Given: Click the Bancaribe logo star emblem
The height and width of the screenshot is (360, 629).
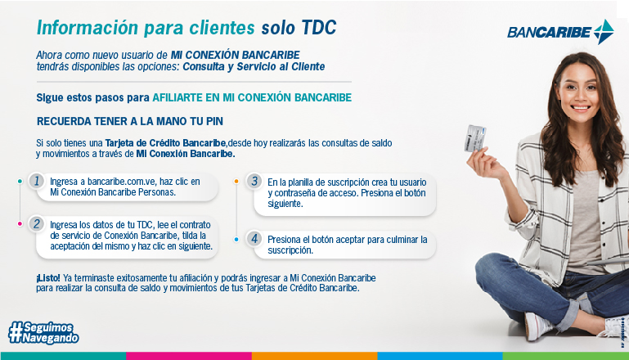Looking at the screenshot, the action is [604, 32].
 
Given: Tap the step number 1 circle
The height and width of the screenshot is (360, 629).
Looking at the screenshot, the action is [37, 181].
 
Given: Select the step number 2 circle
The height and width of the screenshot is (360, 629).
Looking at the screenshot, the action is [37, 224].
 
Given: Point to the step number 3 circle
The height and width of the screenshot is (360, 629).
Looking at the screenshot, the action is [254, 181].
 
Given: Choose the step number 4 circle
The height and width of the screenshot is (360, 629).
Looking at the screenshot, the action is [254, 239].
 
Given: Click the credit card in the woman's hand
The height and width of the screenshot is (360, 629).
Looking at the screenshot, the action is [476, 138].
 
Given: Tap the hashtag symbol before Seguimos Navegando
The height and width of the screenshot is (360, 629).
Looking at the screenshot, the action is [16, 332].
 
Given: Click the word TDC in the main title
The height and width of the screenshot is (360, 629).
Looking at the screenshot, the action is [319, 28].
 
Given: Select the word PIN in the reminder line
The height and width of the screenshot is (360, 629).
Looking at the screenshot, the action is [214, 121].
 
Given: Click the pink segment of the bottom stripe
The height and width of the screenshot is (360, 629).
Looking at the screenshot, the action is [189, 356].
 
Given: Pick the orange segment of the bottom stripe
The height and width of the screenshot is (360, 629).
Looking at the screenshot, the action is [314, 356].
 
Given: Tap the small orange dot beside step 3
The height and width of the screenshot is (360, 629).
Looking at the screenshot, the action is [236, 182].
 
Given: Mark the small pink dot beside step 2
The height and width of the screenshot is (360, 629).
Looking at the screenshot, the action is [20, 224].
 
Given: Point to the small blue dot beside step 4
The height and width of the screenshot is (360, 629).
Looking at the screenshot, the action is [236, 239].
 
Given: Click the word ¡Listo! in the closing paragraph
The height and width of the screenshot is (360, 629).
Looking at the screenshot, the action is [48, 277].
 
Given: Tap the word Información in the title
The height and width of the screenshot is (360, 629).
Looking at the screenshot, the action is [88, 28].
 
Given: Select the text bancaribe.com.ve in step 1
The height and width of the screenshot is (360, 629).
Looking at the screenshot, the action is [122, 182].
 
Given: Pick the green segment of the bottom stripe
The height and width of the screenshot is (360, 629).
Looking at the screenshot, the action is [566, 356].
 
